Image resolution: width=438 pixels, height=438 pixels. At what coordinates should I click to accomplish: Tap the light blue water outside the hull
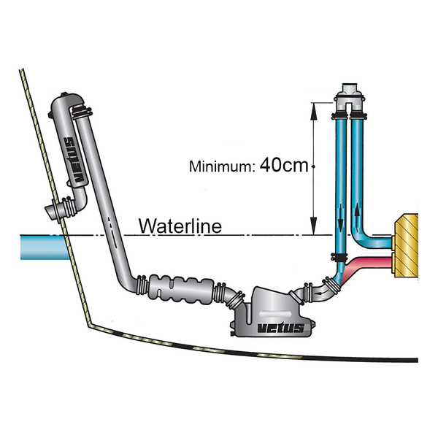(33, 245)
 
